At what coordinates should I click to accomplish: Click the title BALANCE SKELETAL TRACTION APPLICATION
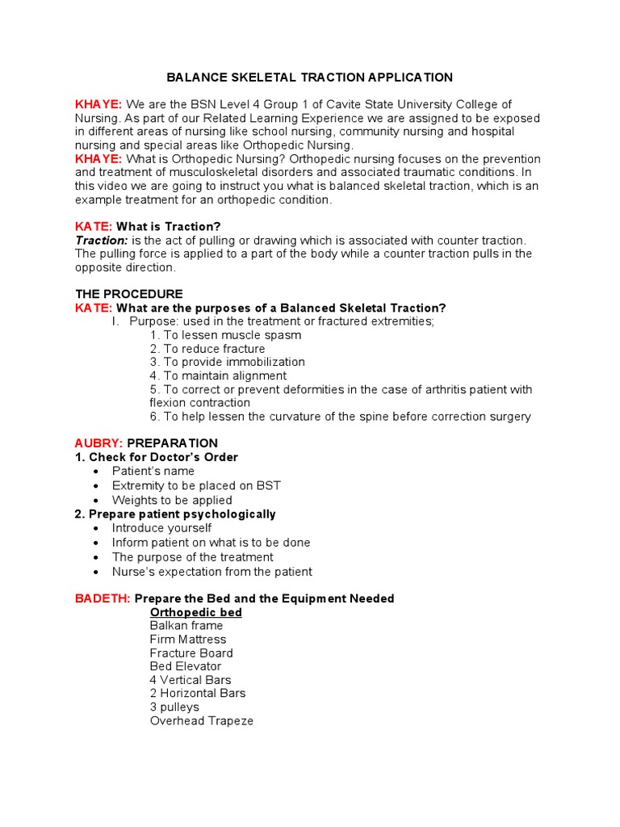click(x=309, y=78)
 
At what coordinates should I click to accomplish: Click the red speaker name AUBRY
click(x=98, y=443)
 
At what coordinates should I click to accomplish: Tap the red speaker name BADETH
click(x=103, y=598)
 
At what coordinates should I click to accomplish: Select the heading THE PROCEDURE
click(x=129, y=294)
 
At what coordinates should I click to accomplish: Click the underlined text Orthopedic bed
click(x=196, y=612)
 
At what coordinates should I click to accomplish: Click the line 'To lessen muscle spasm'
click(x=225, y=335)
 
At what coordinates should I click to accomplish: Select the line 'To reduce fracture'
click(x=207, y=349)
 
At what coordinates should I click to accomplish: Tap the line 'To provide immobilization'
click(x=227, y=362)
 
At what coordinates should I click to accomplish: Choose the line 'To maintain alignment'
click(x=217, y=376)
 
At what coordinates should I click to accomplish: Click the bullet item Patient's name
click(x=153, y=471)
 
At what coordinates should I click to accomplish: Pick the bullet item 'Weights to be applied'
click(x=171, y=500)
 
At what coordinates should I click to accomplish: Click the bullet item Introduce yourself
click(x=161, y=528)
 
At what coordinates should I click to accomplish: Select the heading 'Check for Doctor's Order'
click(x=162, y=457)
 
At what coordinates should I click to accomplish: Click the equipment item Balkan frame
click(x=186, y=626)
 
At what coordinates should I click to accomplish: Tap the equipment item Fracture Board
click(x=191, y=653)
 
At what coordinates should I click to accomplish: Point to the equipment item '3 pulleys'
click(x=174, y=707)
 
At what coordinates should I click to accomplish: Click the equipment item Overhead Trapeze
click(x=201, y=720)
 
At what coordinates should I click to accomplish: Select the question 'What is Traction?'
click(x=168, y=226)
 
